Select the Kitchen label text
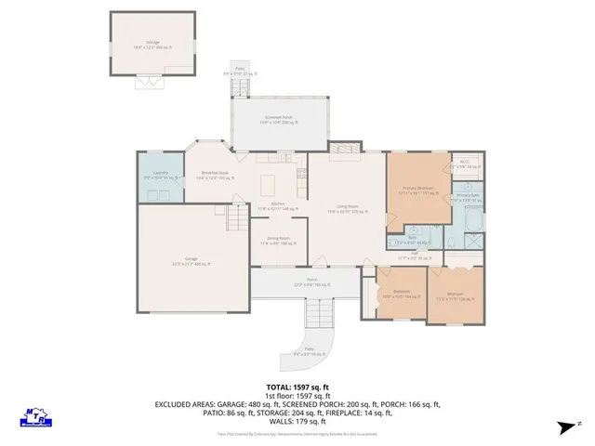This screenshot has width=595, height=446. click(277, 206)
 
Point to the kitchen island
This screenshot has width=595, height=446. click(268, 180)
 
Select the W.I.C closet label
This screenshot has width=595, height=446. click(465, 164)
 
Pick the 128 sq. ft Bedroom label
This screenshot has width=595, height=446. click(456, 296)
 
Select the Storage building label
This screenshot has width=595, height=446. click(152, 44)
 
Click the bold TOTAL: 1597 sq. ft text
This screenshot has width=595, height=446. click(297, 386)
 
